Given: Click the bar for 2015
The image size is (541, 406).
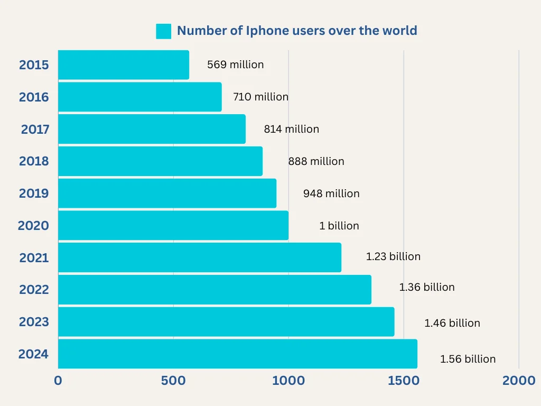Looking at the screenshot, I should click(x=123, y=65).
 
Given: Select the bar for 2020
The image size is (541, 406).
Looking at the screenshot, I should click(x=173, y=226).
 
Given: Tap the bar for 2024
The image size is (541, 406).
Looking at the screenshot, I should click(x=237, y=354).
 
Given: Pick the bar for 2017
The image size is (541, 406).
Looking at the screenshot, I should click(x=152, y=129).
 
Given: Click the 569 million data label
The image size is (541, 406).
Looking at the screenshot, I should click(x=235, y=65).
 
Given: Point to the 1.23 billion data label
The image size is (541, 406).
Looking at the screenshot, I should click(x=393, y=256).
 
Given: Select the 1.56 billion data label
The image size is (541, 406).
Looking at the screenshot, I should click(x=468, y=359).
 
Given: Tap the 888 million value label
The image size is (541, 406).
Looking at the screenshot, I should click(x=316, y=161).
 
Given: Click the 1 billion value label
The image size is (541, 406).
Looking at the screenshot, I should click(x=339, y=226).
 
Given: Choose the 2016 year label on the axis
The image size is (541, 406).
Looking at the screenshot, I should click(x=34, y=97).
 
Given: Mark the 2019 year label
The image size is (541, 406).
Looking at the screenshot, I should click(x=34, y=193).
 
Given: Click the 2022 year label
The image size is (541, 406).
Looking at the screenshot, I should click(x=34, y=290).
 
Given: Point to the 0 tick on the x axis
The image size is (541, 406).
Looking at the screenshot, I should click(x=58, y=381).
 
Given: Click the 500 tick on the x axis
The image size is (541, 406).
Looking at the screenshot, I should click(x=173, y=381).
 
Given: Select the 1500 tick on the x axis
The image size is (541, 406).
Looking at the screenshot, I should click(x=403, y=381).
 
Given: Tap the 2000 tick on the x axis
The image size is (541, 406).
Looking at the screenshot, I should click(x=518, y=381).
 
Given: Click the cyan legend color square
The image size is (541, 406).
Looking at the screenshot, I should click(x=164, y=31).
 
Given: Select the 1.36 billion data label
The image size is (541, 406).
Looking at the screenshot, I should click(x=426, y=287).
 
